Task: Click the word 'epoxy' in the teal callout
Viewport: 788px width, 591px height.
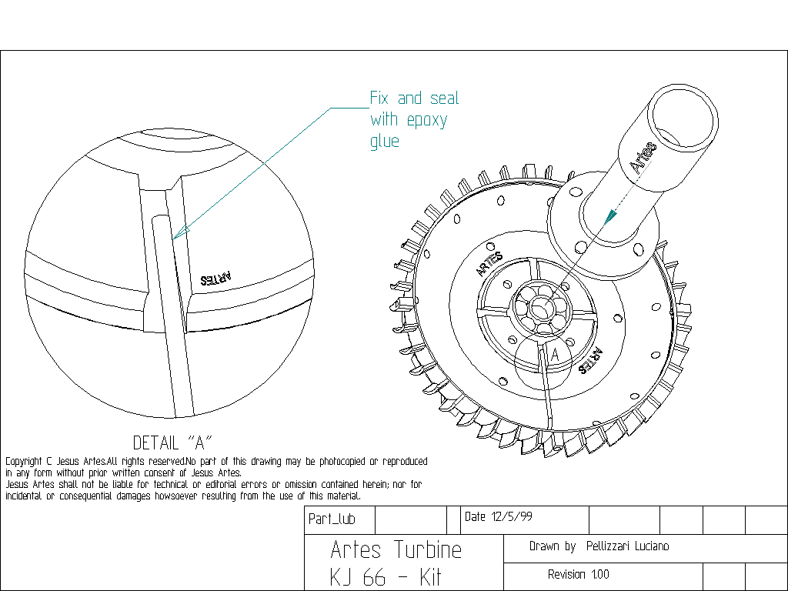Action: pos(426,121)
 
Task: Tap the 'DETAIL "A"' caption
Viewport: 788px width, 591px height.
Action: pos(172,442)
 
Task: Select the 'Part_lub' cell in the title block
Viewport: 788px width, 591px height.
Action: pos(332,519)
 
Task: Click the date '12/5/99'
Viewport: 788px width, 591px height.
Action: pos(511,517)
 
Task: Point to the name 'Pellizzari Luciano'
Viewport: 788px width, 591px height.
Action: pos(627,546)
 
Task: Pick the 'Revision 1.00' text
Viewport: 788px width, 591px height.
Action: pos(578,575)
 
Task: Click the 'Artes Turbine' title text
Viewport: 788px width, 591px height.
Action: pos(396,549)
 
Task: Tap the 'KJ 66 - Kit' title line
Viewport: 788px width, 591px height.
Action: pos(386,578)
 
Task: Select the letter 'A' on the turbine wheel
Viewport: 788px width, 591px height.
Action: pos(555,355)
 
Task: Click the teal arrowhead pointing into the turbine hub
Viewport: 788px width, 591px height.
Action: pos(609,216)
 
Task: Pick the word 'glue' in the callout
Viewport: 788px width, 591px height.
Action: pos(385,142)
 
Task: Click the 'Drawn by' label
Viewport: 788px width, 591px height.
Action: pos(553,546)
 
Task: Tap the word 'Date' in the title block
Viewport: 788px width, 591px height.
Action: pos(475,517)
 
